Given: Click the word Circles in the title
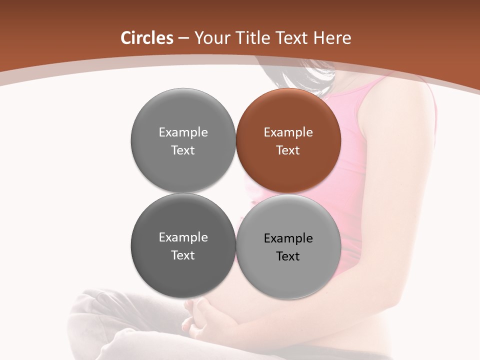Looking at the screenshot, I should tap(146, 38).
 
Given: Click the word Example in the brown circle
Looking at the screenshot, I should tap(288, 132).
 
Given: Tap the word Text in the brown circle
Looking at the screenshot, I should tap(288, 150).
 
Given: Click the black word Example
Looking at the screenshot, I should tap(288, 238).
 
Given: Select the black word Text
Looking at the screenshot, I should tap(288, 256).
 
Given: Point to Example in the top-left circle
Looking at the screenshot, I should tap(183, 132).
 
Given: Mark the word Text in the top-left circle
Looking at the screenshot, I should tap(183, 150).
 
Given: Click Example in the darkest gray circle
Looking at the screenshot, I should tap(183, 237).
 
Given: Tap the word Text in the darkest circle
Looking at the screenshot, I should tap(183, 255).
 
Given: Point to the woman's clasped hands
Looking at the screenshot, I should tap(200, 317).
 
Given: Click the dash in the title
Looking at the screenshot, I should tap(183, 38).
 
